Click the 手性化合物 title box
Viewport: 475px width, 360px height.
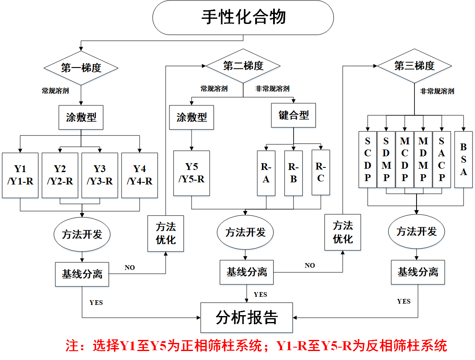point(243,18)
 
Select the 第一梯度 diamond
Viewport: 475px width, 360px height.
point(81,67)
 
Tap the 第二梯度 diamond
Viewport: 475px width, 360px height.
point(243,66)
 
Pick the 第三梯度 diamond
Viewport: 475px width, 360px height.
point(414,66)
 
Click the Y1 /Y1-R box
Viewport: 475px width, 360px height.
point(20,175)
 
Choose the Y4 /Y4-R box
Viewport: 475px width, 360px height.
point(140,175)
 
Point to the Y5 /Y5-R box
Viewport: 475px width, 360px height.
point(192,173)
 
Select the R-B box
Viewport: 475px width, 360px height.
point(293,173)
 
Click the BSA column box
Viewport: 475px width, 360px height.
point(463,159)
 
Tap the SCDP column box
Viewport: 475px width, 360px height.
point(368,159)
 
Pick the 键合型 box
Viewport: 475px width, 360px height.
point(294,115)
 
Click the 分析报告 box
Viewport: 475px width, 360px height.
point(247,317)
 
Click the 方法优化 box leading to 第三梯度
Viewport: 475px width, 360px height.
point(343,232)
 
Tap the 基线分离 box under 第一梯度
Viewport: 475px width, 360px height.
point(82,274)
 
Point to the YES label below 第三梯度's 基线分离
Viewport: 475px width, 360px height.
point(404,301)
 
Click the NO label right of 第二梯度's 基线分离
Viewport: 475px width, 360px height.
point(310,266)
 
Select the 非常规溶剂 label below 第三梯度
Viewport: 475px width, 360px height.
point(437,91)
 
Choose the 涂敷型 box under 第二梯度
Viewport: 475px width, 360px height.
point(192,117)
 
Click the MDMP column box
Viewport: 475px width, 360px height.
point(423,159)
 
